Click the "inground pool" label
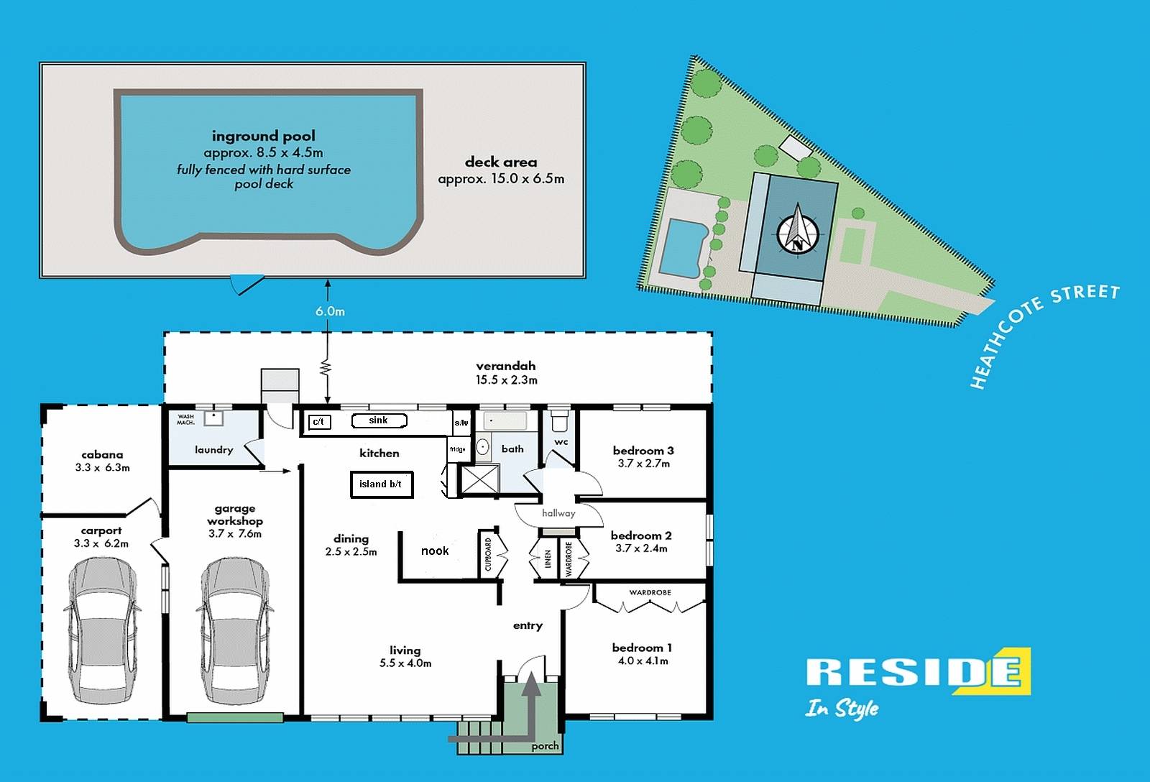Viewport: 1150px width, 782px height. pos(263,136)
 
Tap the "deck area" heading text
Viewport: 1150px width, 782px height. pos(501,162)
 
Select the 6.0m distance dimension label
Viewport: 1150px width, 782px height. pos(330,311)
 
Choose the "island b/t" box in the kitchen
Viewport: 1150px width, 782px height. pos(381,484)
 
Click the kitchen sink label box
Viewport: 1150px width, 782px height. pos(379,420)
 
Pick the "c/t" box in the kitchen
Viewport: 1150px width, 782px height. pos(319,422)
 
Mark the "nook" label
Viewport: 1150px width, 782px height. pos(435,551)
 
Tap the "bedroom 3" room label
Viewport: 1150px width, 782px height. pos(643,451)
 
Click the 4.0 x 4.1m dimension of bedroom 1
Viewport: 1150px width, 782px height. pos(643,661)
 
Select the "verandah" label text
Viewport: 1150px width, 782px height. pos(506,366)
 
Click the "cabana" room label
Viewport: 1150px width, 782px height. pos(102,454)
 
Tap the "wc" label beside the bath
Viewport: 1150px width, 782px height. pos(561,442)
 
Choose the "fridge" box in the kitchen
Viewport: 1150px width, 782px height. pos(458,449)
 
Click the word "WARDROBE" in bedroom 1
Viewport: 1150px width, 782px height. pos(650,593)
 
